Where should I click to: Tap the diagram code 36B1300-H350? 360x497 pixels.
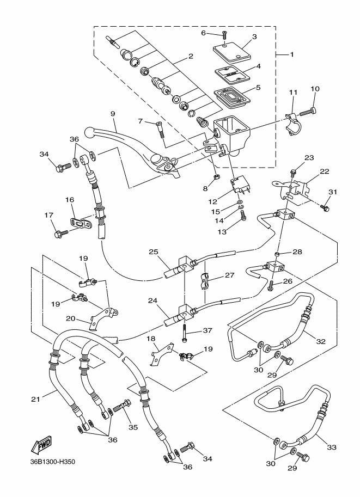pos(52,463)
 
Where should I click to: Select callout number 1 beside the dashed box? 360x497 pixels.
pos(291,54)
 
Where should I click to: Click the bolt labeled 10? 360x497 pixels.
pos(311,112)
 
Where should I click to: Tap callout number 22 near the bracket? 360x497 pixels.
pos(324,171)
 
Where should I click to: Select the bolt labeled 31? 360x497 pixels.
pos(325,207)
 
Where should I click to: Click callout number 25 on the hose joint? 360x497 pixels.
pos(154,252)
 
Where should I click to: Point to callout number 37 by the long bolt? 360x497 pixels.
pos(207,330)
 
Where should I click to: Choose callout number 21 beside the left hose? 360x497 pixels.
pos(36,400)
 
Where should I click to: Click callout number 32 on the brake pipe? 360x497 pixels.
pos(320,342)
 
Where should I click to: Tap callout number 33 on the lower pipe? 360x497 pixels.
pos(332,447)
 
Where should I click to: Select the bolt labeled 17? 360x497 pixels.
pos(59,234)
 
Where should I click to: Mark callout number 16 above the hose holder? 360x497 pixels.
pos(69,200)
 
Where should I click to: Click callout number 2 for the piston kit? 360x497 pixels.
pos(191,56)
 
